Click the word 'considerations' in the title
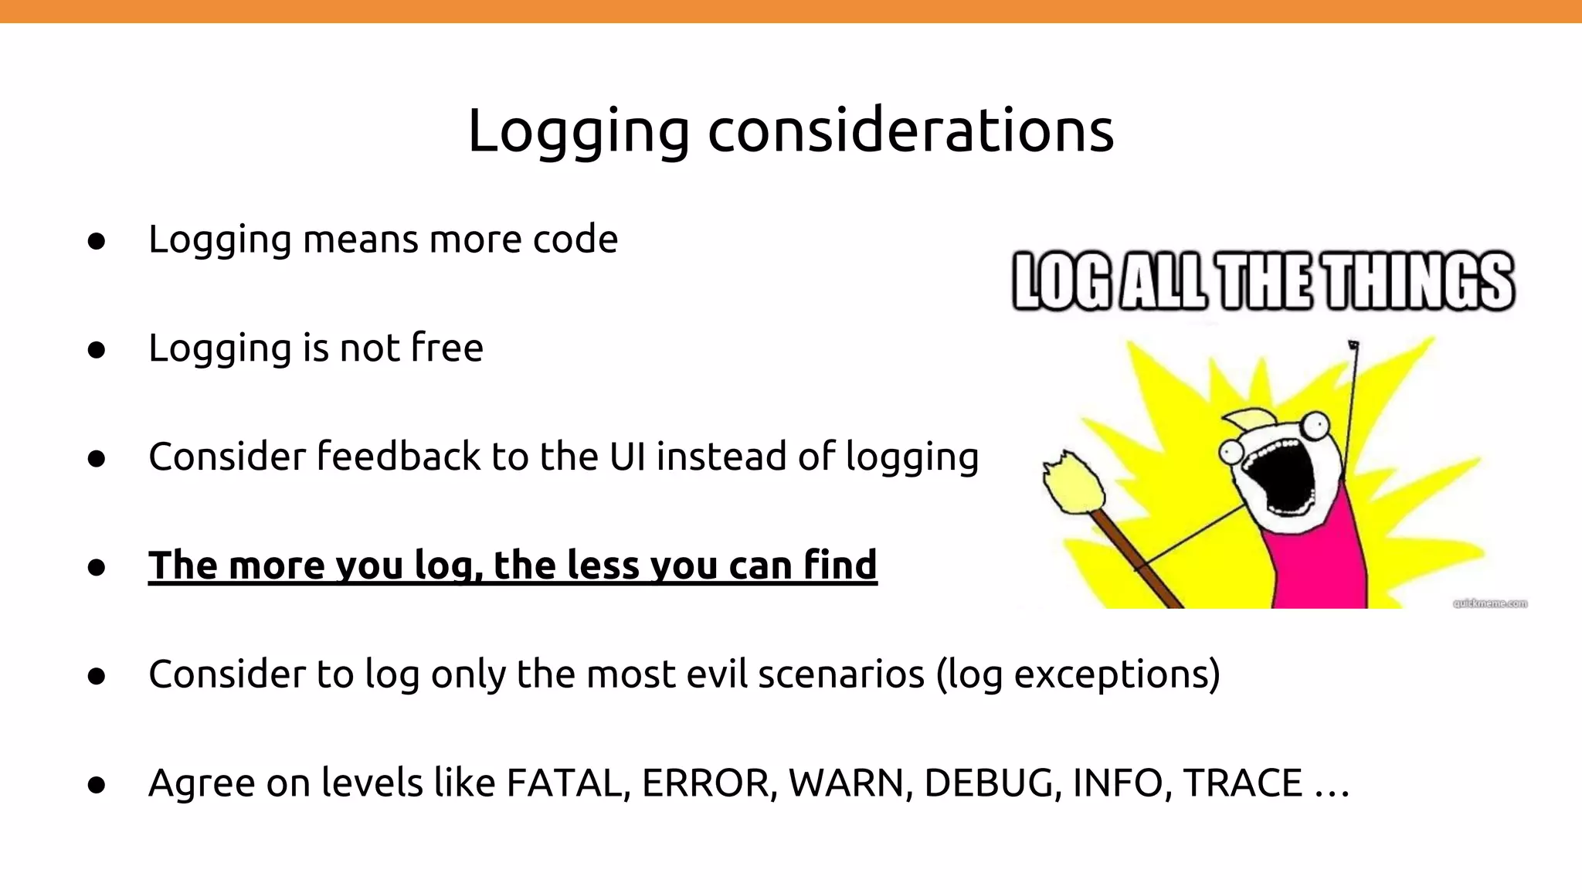pyautogui.click(x=911, y=130)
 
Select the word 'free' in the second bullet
pyautogui.click(x=447, y=348)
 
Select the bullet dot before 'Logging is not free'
pyautogui.click(x=97, y=350)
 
